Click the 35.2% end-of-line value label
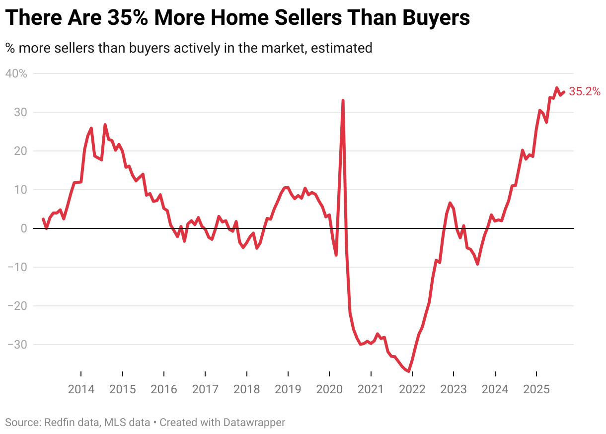point(585,91)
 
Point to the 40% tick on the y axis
point(16,73)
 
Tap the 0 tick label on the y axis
point(23,228)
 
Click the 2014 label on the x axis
point(81,389)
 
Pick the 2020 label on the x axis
point(329,389)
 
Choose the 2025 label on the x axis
point(536,389)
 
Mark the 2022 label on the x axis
point(412,389)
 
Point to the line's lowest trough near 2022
point(408,371)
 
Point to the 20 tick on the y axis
point(20,151)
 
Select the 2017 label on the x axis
point(205,389)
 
